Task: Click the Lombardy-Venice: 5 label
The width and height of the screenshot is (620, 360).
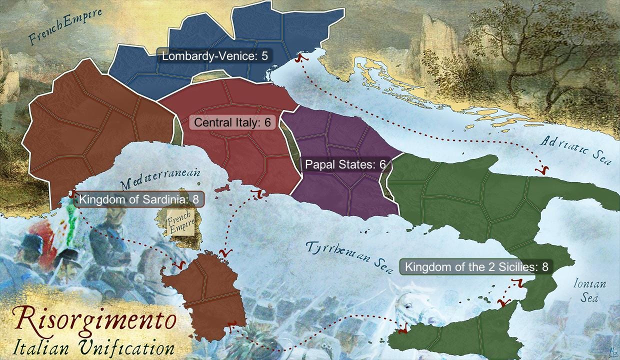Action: click(x=215, y=56)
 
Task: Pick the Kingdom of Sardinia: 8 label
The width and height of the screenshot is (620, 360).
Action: click(x=139, y=199)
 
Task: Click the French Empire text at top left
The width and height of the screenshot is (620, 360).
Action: click(x=65, y=27)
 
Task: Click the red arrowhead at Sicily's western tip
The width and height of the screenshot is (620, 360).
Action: click(x=402, y=327)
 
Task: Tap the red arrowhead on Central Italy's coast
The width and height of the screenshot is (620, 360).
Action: click(x=259, y=193)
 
